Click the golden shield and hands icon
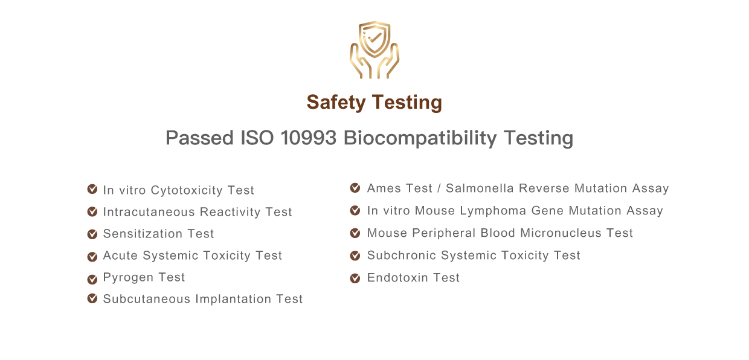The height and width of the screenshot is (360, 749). coord(374,50)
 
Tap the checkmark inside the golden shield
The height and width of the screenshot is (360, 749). coord(374,37)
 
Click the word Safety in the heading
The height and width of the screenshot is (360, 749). coord(336,103)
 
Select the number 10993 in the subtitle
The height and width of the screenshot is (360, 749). coord(308,138)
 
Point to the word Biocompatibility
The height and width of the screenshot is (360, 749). coord(420,138)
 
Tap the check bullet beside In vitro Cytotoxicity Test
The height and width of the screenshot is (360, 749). coord(92,189)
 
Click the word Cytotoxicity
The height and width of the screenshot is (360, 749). coord(187,190)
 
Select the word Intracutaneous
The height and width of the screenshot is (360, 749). coord(149,212)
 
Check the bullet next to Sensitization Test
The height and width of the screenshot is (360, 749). coord(92,234)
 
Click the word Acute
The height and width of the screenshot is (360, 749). coord(120,256)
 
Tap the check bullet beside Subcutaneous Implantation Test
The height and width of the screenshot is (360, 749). coord(92,298)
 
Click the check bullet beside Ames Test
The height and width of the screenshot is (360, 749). coord(355,188)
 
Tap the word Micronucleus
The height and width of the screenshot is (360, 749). coord(561,233)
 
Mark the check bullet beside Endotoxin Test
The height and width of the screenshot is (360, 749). coord(355,278)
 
